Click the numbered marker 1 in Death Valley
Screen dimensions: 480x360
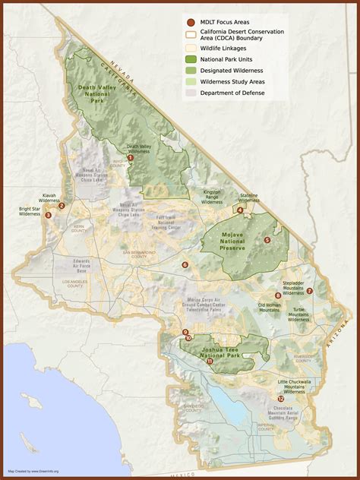click(x=131, y=157)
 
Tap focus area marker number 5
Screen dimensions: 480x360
click(x=267, y=240)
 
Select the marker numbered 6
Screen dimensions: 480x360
click(x=185, y=265)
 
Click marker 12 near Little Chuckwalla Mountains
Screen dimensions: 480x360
click(x=280, y=398)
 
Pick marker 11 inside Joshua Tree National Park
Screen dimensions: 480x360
click(x=209, y=362)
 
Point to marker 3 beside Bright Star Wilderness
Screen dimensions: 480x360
click(x=49, y=215)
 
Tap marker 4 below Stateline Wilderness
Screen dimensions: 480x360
click(x=240, y=210)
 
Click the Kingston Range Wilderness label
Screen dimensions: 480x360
click(x=212, y=197)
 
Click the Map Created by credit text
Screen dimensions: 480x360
click(x=33, y=470)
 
